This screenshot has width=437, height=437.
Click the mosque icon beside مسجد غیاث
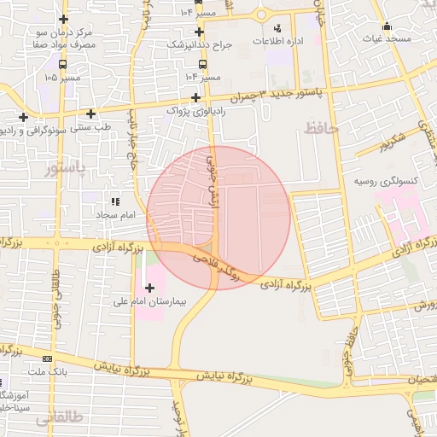point(387,26)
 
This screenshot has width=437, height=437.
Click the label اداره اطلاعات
point(283,41)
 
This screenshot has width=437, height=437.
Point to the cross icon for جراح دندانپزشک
point(198,32)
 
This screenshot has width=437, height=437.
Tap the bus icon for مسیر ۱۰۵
point(63,64)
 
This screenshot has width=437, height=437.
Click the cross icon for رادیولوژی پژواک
point(197,97)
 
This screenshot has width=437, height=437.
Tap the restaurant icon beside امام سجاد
point(115,202)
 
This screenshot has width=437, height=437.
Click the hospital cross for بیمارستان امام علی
point(151,288)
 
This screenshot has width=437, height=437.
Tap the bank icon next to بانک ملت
point(47,358)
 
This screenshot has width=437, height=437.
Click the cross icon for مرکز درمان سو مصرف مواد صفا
point(63,19)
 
